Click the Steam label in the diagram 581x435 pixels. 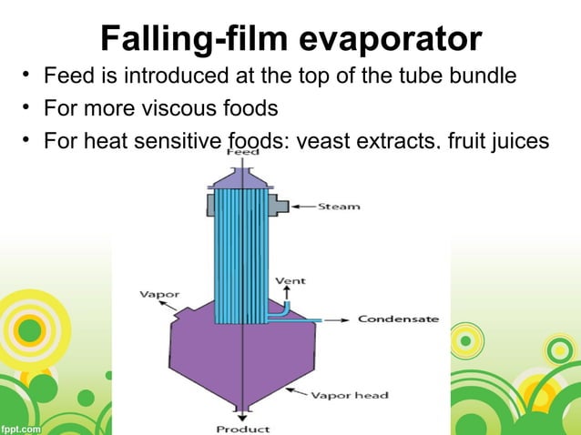pyautogui.click(x=338, y=207)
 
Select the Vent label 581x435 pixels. pyautogui.click(x=290, y=280)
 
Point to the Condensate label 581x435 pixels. pyautogui.click(x=398, y=319)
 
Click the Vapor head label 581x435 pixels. pyautogui.click(x=350, y=395)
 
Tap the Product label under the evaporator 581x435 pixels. pyautogui.click(x=242, y=429)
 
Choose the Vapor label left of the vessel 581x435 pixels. pyautogui.click(x=158, y=294)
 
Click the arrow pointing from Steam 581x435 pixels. pyautogui.click(x=303, y=207)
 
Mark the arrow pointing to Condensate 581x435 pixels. pyautogui.click(x=335, y=319)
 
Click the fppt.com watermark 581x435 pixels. pyautogui.click(x=20, y=426)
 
